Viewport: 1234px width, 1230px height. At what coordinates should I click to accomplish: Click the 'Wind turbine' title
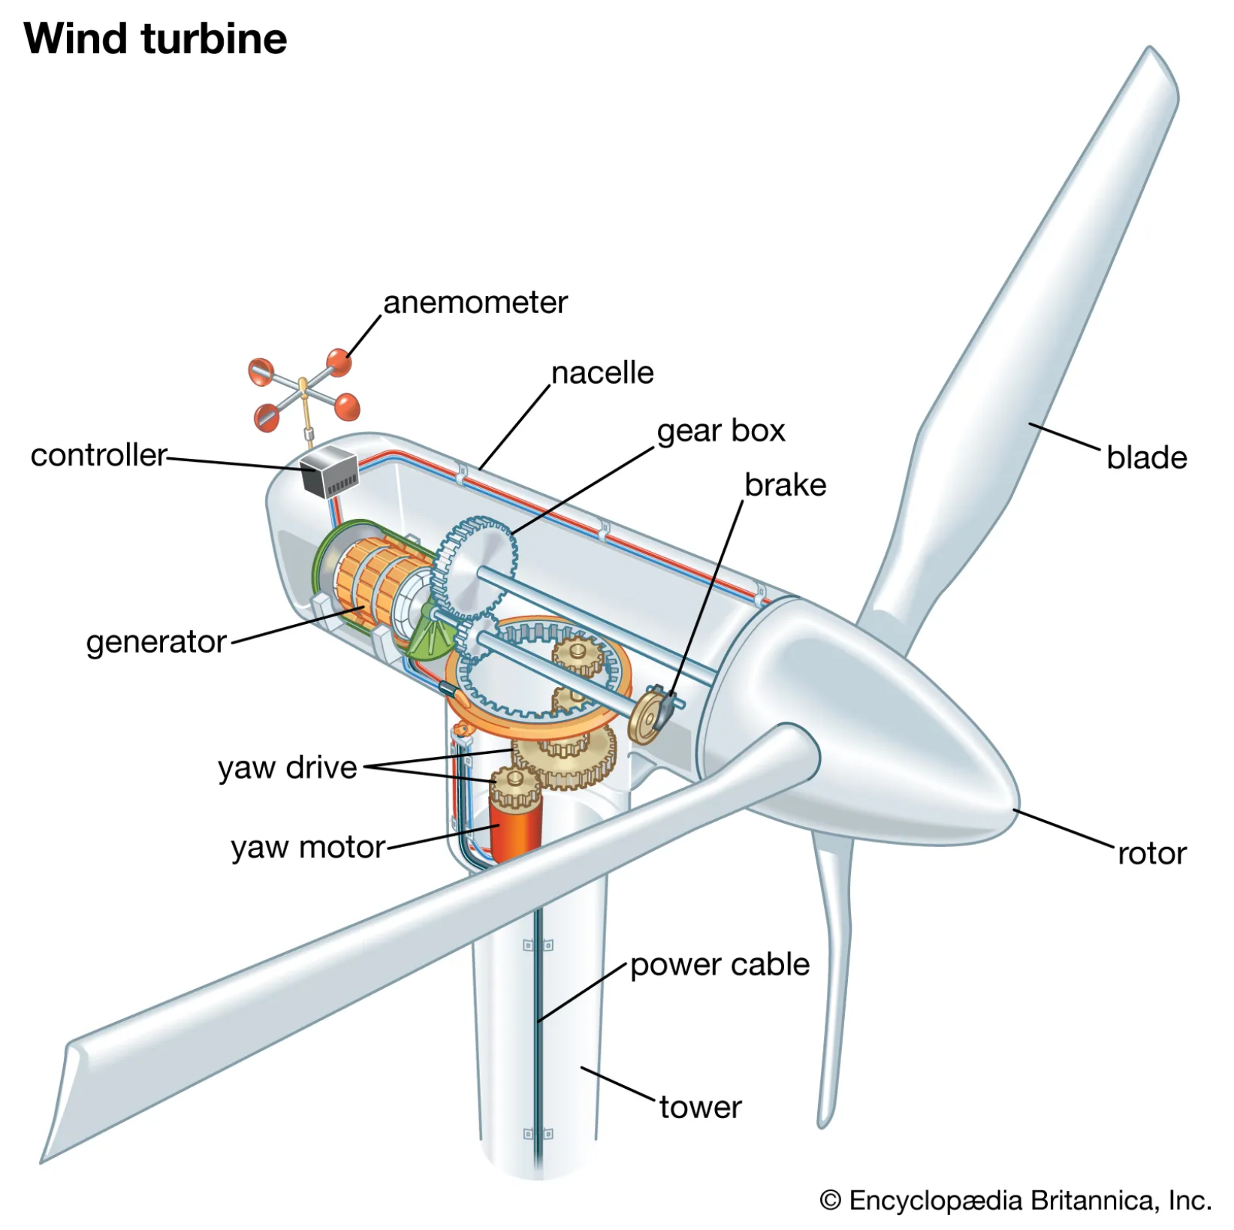click(x=155, y=39)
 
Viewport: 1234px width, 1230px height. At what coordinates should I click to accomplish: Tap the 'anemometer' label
click(x=475, y=303)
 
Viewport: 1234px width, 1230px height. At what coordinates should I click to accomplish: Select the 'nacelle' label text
click(x=602, y=373)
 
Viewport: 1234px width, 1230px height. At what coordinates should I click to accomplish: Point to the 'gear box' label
click(x=720, y=431)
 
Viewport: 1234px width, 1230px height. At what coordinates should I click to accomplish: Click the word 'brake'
click(x=785, y=485)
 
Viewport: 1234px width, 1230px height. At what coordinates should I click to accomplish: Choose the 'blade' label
click(x=1146, y=458)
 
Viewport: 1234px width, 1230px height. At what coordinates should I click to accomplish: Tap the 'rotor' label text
click(x=1151, y=854)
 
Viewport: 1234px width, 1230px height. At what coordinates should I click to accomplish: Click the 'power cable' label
click(x=720, y=965)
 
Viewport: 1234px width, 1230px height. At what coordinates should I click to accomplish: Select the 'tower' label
click(x=700, y=1108)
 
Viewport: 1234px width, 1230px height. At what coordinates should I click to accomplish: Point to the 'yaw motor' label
click(x=308, y=848)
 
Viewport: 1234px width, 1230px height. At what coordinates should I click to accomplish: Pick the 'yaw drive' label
click(x=287, y=768)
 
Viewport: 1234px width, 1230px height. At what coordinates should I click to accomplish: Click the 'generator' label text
click(x=156, y=643)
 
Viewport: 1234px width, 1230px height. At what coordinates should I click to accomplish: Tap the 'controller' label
click(x=98, y=456)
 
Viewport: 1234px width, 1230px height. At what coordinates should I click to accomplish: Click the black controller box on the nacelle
click(x=329, y=472)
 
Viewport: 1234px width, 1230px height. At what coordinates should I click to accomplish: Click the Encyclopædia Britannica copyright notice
click(x=1015, y=1201)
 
